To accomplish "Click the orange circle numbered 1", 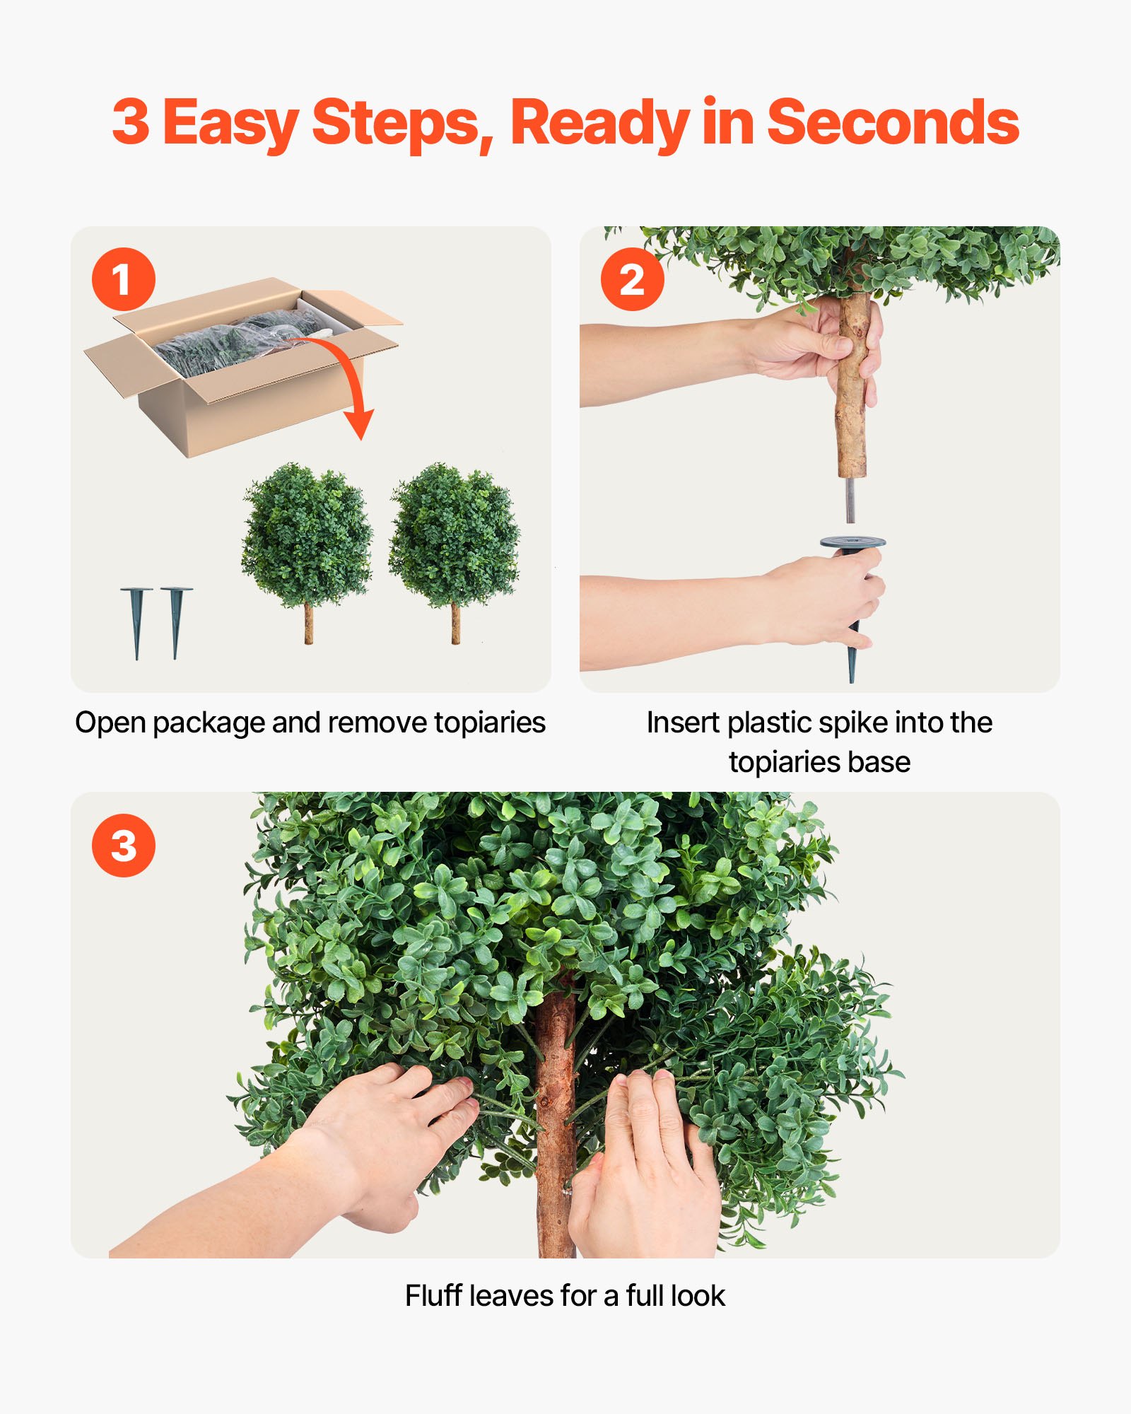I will coord(123,279).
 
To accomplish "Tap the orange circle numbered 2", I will coord(632,279).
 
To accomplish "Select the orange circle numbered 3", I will coord(123,846).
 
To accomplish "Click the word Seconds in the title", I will coord(892,122).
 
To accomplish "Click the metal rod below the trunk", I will coord(850,499).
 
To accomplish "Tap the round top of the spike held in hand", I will coord(852,543).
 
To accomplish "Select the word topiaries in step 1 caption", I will coord(489,723).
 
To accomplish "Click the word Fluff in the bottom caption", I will coord(433,1296).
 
